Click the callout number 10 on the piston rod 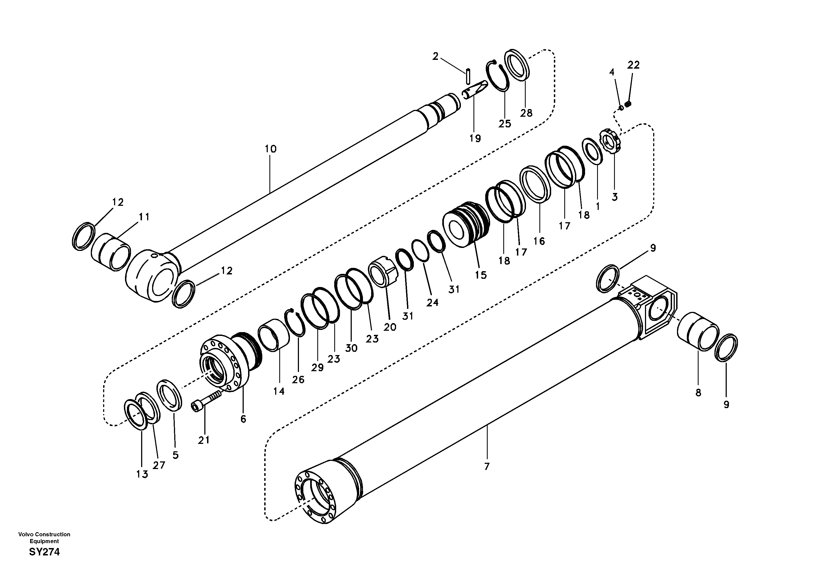click(x=270, y=149)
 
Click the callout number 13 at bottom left click(x=142, y=475)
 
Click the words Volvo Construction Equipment click(x=44, y=537)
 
